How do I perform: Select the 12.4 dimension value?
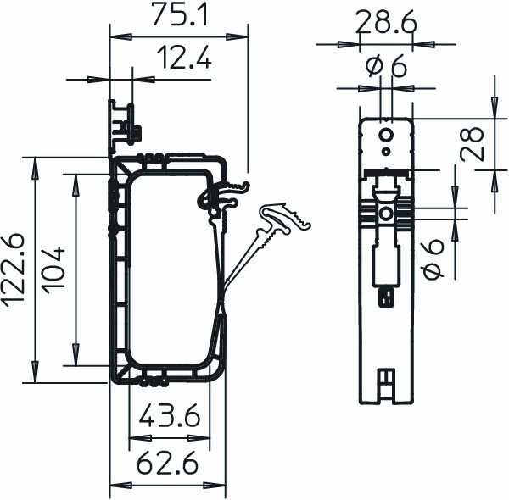tap(183, 58)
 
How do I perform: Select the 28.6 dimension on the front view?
tap(385, 23)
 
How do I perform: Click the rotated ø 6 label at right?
tap(433, 258)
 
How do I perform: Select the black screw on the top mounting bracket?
tap(132, 132)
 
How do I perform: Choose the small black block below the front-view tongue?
tap(386, 296)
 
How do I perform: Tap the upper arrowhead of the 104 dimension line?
tap(76, 178)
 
